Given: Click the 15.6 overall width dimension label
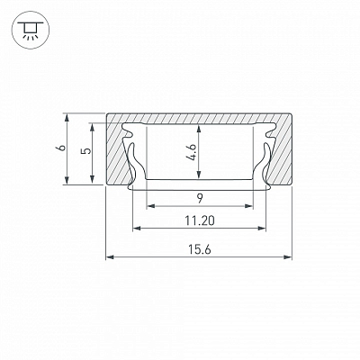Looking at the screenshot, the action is pos(200,249).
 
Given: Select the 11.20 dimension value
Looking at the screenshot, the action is pos(200,220).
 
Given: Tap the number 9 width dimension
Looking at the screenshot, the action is pos(200,198).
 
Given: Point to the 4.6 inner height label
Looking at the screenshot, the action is pos(193,153).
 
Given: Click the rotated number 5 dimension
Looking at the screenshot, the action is pos(86,150).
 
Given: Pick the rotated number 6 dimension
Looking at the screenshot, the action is pos(61,148).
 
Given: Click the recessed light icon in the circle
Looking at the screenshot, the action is pos(30,30).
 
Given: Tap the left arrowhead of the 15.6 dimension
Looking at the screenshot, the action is pos(110,257).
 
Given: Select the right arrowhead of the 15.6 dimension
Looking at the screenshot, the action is pos(288,257).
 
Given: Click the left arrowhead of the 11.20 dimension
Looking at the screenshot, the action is pos(137,229).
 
